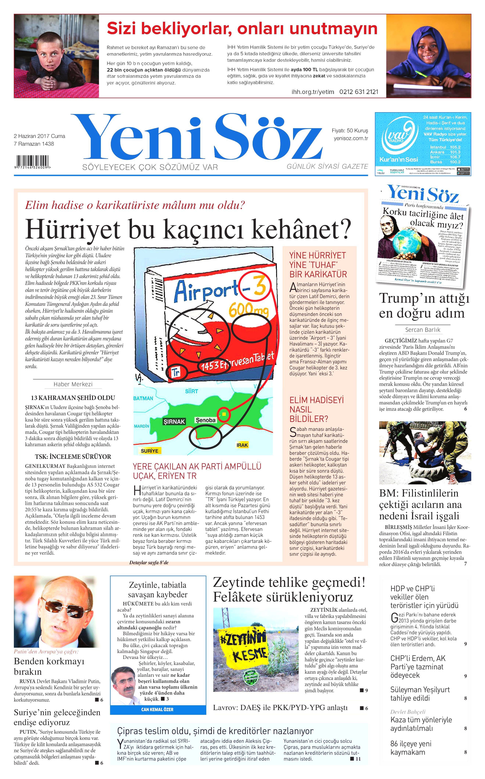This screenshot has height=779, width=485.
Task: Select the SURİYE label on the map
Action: point(150,451)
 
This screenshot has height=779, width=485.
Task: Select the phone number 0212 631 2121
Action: point(359,92)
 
